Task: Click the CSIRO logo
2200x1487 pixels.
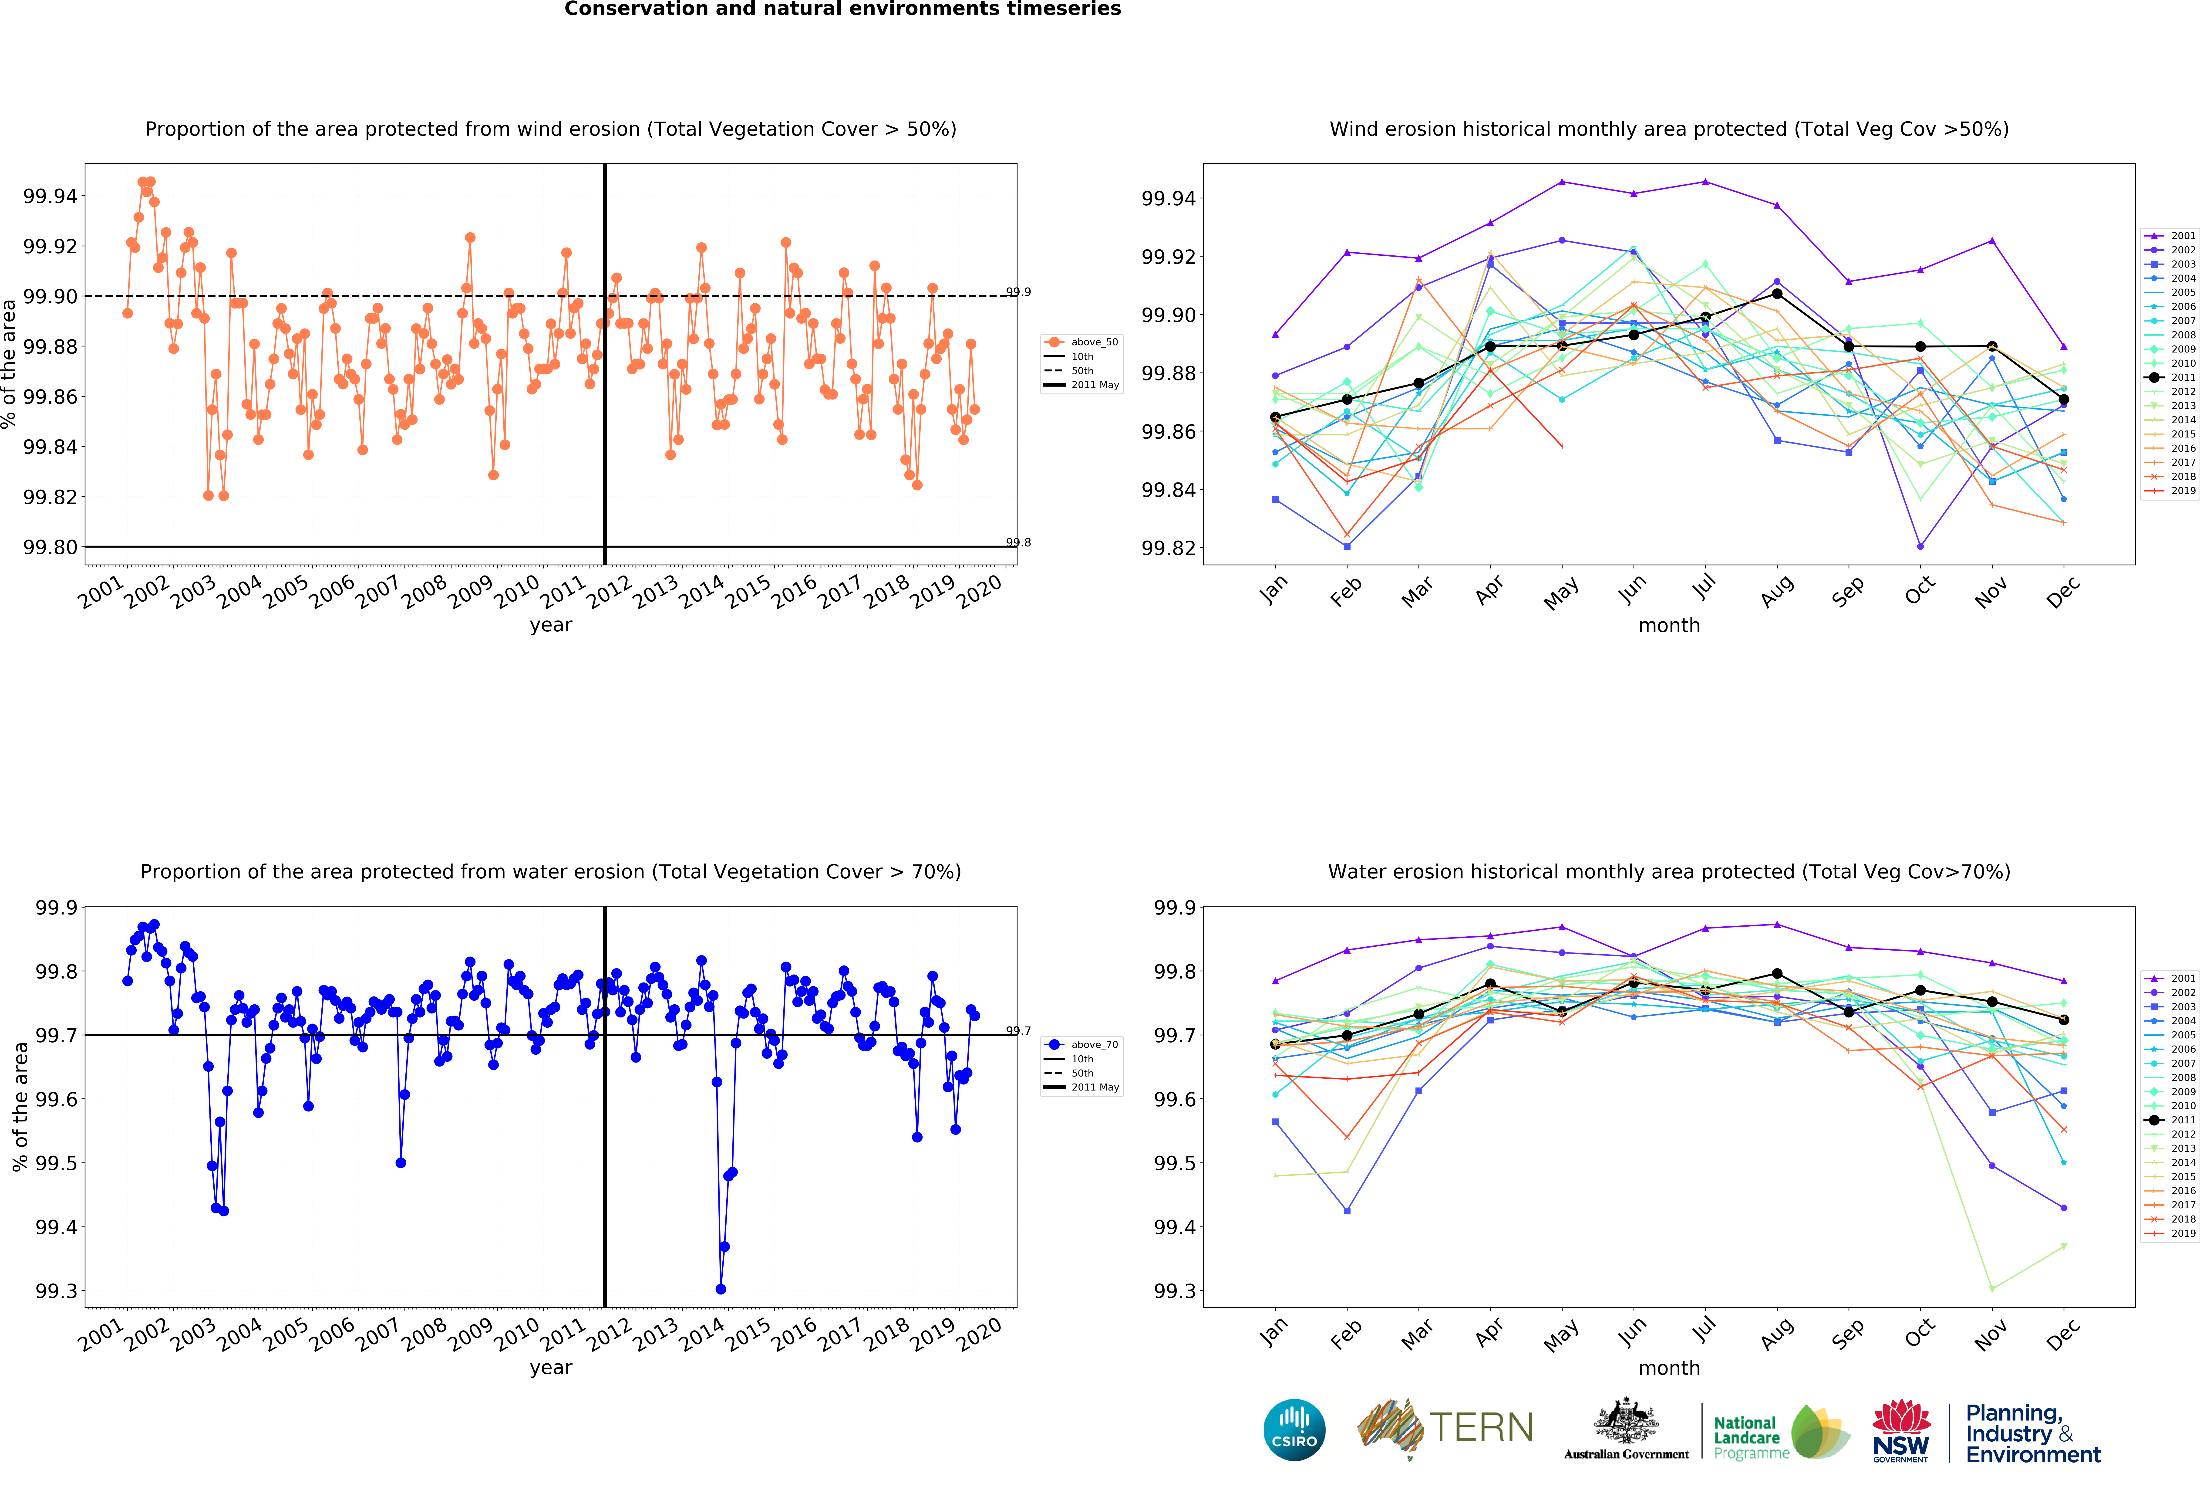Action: point(1294,1429)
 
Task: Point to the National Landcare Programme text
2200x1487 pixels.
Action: point(1751,1438)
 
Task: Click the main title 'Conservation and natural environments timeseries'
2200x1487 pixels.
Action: point(842,10)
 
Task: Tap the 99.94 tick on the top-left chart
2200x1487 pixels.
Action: point(50,196)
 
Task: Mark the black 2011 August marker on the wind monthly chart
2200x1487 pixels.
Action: point(1777,294)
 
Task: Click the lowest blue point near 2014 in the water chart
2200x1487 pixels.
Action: point(720,1289)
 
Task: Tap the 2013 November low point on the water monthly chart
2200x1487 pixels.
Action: point(1992,1289)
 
